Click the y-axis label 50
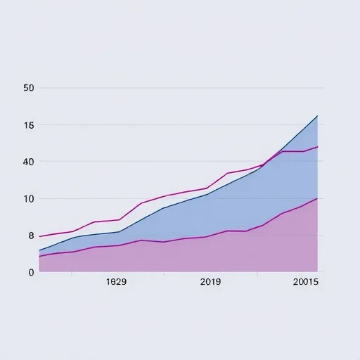point(29,88)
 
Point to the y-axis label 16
point(29,125)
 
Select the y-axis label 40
point(29,162)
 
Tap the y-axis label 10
point(29,199)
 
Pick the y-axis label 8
point(31,236)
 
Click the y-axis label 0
point(31,272)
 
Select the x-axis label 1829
point(116,282)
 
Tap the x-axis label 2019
point(210,282)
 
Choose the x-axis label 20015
point(306,282)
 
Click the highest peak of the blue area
point(317,116)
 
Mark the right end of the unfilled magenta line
point(318,147)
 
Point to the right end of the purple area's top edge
point(317,198)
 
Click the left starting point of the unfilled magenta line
point(39,236)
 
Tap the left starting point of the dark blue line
point(39,250)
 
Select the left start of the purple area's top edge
point(39,257)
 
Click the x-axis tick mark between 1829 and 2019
point(165,274)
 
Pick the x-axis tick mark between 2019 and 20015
point(258,274)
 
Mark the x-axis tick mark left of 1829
point(72,274)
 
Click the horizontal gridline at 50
point(181,88)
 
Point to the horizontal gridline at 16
point(181,124)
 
